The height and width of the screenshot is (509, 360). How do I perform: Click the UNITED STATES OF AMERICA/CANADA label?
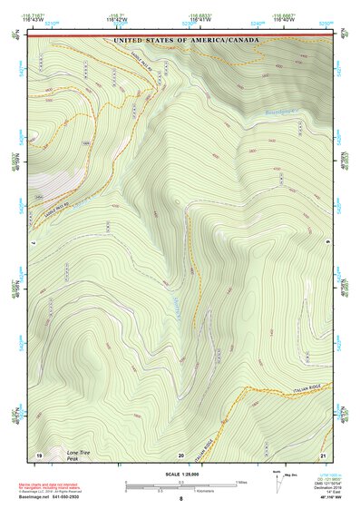click(x=185, y=41)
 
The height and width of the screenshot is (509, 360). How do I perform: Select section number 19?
click(x=39, y=453)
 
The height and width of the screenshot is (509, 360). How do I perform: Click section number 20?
click(x=181, y=454)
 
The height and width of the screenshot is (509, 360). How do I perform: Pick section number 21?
click(x=322, y=453)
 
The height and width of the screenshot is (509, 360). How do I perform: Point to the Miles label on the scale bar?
click(x=240, y=481)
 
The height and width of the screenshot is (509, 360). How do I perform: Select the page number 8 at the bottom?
click(x=181, y=499)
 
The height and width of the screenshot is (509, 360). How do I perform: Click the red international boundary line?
click(x=181, y=35)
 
